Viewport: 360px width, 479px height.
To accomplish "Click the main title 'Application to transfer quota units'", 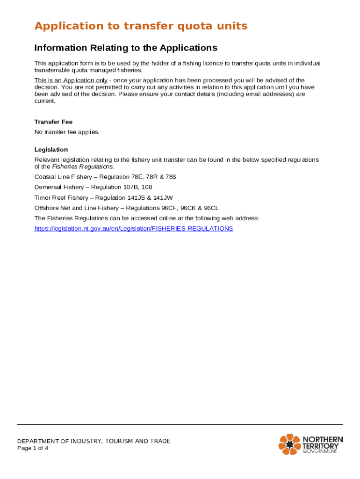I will pyautogui.click(x=141, y=26).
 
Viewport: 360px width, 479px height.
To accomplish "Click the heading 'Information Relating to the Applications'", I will pyautogui.click(x=126, y=48).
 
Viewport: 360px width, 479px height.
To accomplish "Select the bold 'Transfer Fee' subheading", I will pyautogui.click(x=53, y=122).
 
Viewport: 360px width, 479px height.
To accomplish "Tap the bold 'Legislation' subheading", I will pyautogui.click(x=51, y=150).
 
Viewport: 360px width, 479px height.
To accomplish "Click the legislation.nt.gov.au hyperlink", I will pyautogui.click(x=134, y=228).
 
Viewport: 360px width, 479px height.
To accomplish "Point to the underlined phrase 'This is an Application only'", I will pyautogui.click(x=71, y=80).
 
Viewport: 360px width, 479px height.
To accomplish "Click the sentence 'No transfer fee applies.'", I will pyautogui.click(x=67, y=132).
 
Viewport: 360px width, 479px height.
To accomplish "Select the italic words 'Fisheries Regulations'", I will pyautogui.click(x=82, y=167).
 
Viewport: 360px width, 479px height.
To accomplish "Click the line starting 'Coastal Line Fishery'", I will pyautogui.click(x=105, y=177).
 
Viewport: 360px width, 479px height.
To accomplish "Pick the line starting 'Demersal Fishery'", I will pyautogui.click(x=93, y=187).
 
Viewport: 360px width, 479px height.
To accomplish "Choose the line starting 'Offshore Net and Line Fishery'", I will pyautogui.click(x=126, y=208).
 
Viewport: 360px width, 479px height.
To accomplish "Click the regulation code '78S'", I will pyautogui.click(x=171, y=177).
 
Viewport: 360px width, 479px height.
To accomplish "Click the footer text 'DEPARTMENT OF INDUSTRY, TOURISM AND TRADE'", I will pyautogui.click(x=94, y=441).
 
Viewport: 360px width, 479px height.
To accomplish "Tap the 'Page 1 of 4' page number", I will pyautogui.click(x=33, y=448).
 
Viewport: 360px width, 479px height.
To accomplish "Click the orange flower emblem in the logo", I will pyautogui.click(x=289, y=444).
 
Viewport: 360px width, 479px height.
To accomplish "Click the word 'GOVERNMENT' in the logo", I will pyautogui.click(x=320, y=452).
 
